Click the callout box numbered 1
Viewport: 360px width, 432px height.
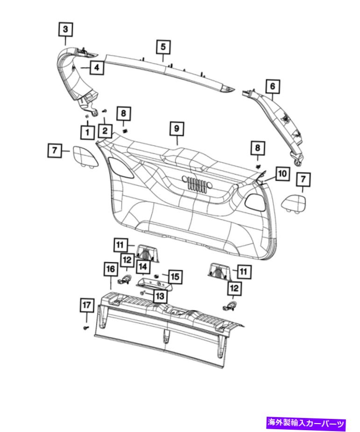coord(87,132)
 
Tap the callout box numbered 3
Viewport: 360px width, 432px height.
coord(65,29)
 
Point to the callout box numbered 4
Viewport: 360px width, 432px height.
coord(96,68)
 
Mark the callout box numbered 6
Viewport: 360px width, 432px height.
coord(273,86)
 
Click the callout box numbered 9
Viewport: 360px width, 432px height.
coord(177,127)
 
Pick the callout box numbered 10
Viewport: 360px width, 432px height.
coord(282,174)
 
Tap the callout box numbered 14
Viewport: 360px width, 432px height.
coord(142,267)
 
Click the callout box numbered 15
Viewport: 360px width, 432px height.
coord(175,277)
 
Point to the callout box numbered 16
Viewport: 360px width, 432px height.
coord(110,269)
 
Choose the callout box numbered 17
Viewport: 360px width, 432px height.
coord(85,305)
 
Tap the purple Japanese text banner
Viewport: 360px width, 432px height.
coord(306,424)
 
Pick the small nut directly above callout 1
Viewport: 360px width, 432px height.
coord(87,116)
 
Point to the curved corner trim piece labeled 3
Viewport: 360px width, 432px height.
coord(75,75)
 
